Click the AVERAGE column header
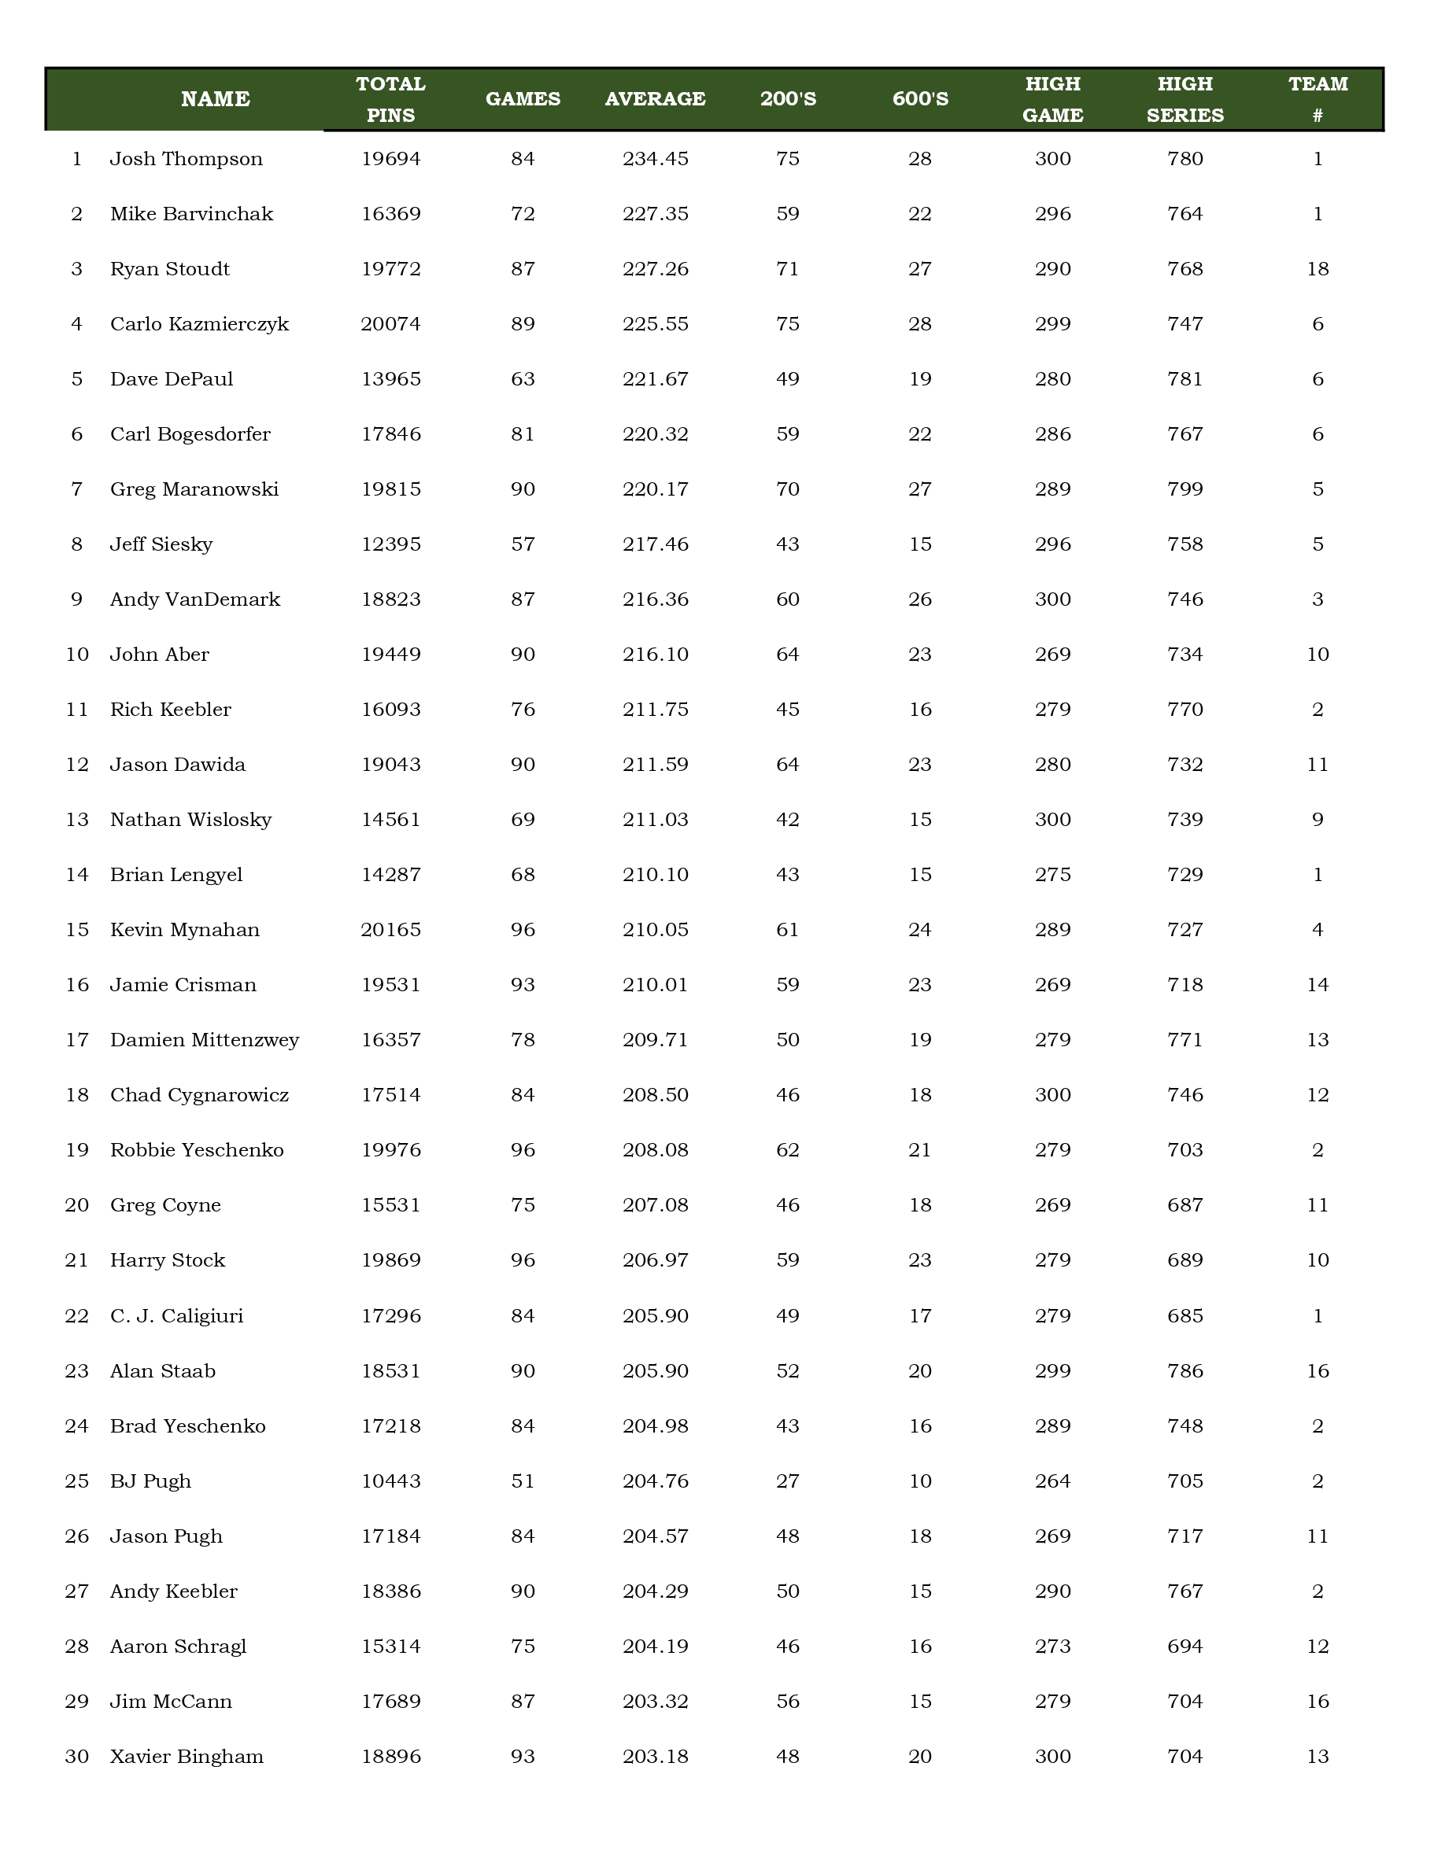[655, 99]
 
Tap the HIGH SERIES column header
[1185, 99]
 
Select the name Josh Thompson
[186, 159]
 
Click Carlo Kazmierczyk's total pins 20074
[391, 324]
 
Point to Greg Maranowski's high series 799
[1185, 489]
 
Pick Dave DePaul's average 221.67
[655, 380]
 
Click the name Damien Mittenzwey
[205, 1041]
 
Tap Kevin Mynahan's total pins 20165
[391, 930]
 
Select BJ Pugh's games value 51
[523, 1481]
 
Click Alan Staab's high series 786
[1185, 1371]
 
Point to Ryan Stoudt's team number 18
[1318, 269]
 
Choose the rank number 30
[76, 1757]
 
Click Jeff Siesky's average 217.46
[655, 544]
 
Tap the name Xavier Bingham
[187, 1757]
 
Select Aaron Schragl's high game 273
[1052, 1646]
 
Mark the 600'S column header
[920, 99]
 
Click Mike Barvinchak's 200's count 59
[788, 214]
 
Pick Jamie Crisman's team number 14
[1318, 985]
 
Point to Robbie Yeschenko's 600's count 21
[920, 1150]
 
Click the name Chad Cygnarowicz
[200, 1095]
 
